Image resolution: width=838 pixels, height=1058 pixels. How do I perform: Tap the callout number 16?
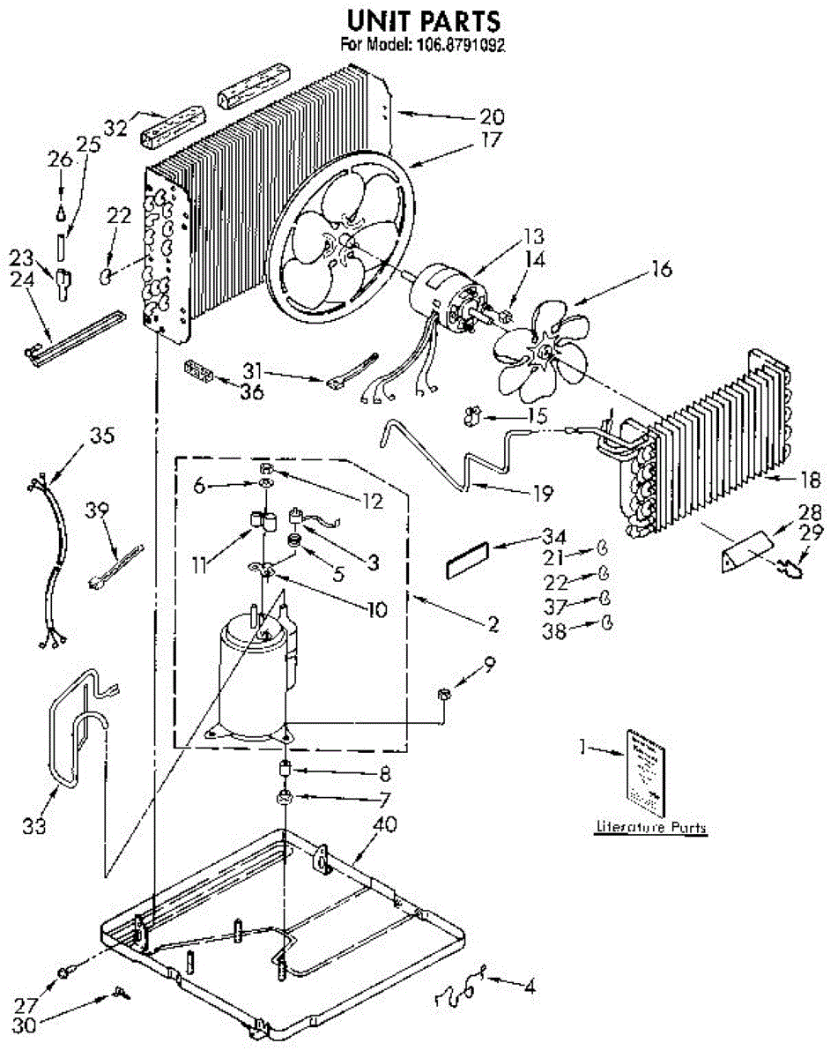click(660, 270)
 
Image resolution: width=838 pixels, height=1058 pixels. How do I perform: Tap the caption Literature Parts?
click(650, 829)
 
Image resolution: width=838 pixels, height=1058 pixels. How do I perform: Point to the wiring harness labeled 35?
click(49, 564)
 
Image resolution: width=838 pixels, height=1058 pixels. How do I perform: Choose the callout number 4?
click(529, 987)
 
